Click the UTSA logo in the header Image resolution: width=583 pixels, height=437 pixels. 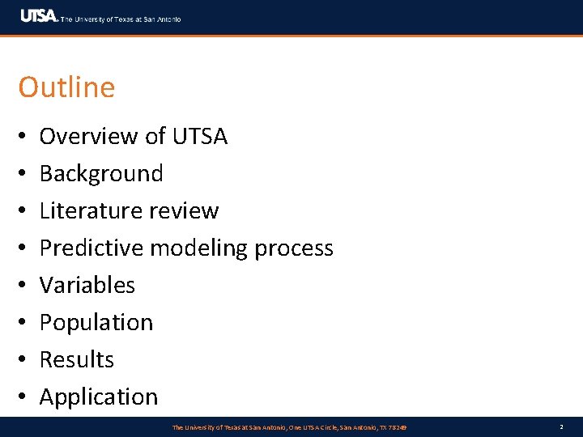[39, 16]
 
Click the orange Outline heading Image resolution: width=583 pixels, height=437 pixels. [66, 87]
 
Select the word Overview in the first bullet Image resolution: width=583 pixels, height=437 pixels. [89, 136]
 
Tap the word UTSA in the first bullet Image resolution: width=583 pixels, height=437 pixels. [200, 136]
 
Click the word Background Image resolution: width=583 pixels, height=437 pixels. [101, 173]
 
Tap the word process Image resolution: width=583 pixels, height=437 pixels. [294, 248]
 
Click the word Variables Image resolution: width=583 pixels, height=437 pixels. [87, 285]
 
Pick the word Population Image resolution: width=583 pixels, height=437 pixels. [96, 322]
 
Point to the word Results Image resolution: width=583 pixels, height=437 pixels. [77, 359]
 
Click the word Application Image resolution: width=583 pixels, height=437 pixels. [99, 397]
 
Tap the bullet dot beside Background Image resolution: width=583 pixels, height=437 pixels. [23, 174]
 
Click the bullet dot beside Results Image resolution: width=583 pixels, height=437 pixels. [23, 360]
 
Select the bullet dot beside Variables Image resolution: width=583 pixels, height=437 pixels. [23, 286]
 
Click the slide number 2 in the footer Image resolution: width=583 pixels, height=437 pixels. [560, 426]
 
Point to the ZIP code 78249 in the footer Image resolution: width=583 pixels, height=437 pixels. [397, 426]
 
